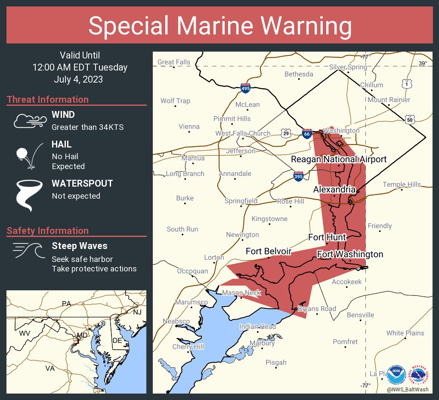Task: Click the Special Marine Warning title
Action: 219,25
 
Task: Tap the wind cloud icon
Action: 29,121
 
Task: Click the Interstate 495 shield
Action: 246,88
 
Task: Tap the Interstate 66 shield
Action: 307,134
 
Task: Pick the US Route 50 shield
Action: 410,119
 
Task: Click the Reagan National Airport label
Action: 339,160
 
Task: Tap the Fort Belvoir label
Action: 269,251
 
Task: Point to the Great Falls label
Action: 173,62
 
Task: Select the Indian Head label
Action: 257,327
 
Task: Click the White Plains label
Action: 405,333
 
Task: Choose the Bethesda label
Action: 299,74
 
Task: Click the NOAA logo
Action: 396,375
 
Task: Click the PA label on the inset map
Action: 66,304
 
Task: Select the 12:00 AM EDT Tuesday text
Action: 80,68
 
